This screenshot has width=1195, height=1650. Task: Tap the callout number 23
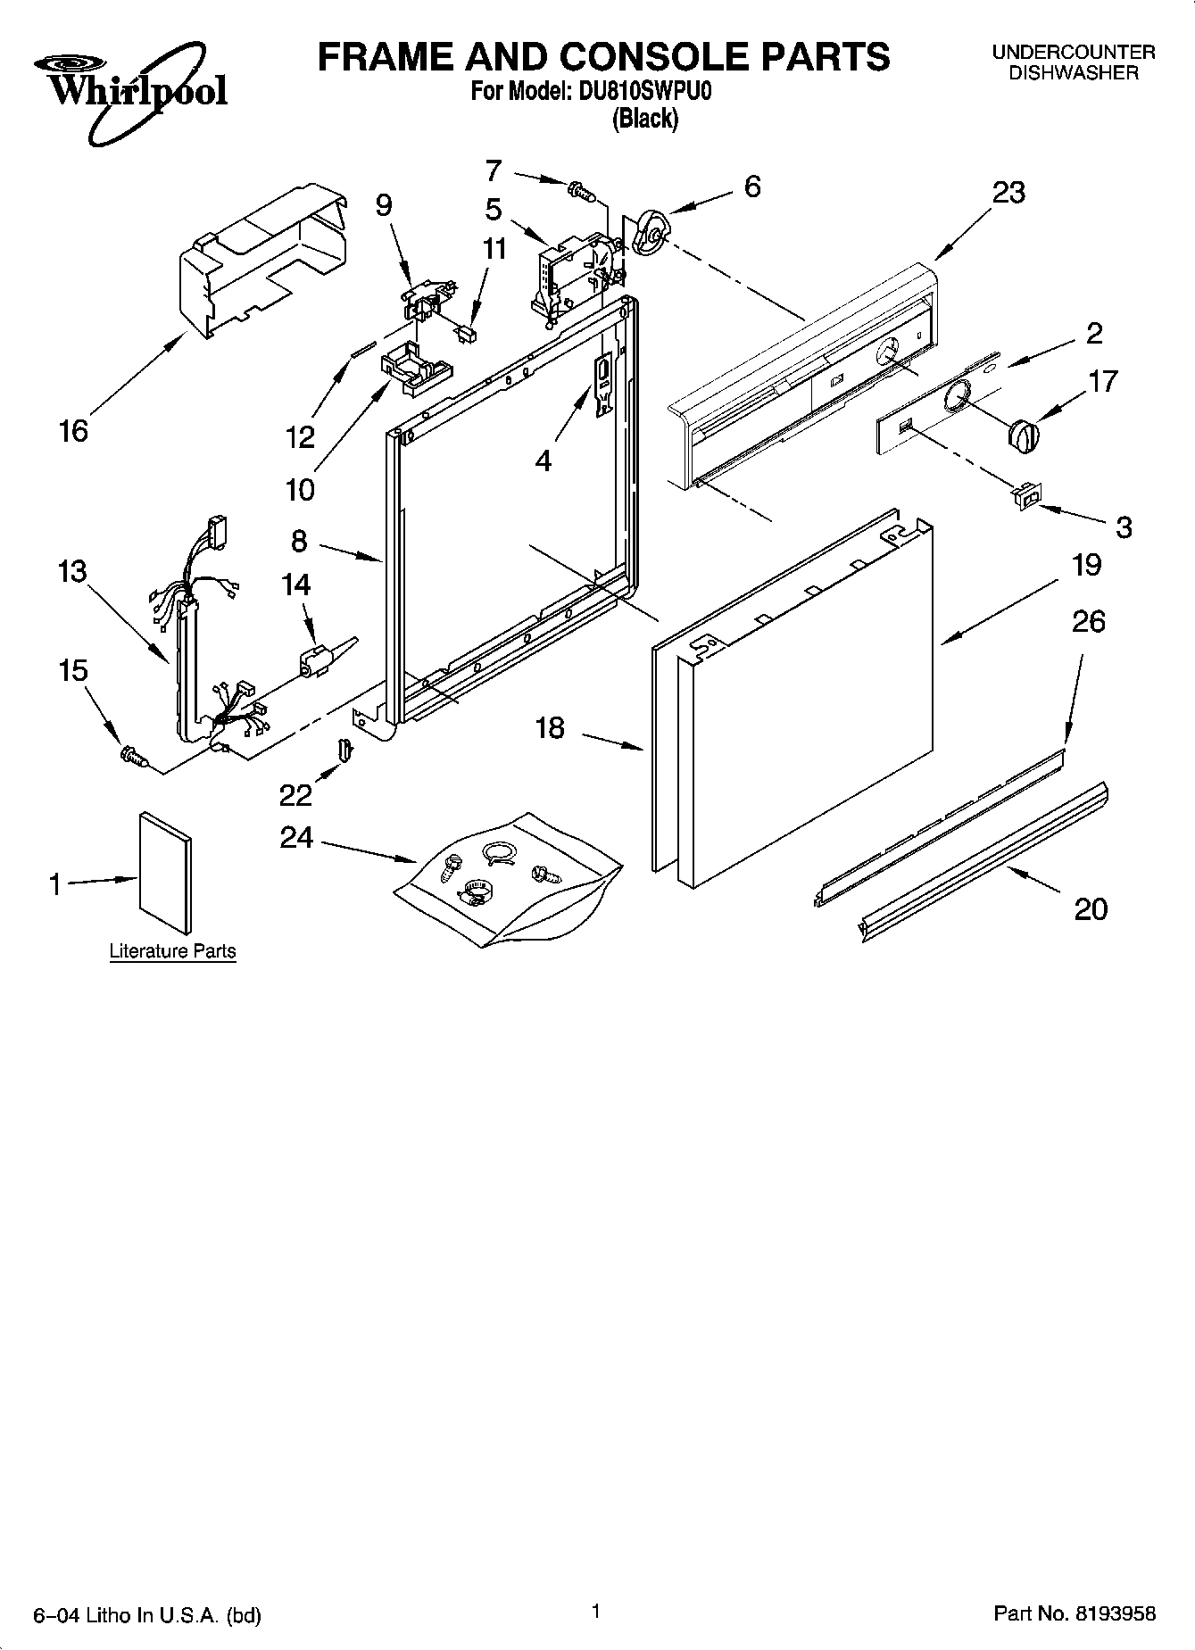1008,192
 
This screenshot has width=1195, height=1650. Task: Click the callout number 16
73,431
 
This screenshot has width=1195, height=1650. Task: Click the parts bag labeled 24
500,879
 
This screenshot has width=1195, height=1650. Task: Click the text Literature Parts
172,951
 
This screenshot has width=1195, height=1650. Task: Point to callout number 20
1090,909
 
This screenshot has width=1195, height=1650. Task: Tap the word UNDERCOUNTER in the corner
1074,53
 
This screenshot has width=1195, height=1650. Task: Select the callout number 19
1086,565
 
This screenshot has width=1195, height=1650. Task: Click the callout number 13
72,570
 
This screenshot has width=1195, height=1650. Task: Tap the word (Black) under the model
644,119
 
